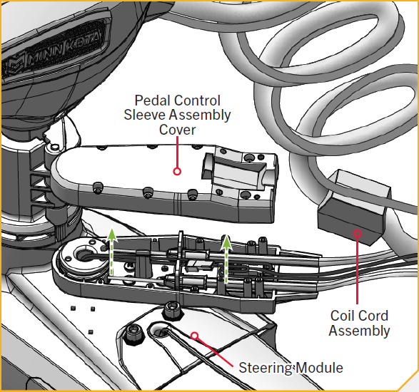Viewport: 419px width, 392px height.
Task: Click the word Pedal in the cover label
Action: [x=151, y=100]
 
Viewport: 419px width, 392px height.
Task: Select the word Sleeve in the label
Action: [x=145, y=115]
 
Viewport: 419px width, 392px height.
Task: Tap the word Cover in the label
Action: [x=178, y=130]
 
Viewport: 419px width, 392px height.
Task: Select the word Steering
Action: [x=265, y=368]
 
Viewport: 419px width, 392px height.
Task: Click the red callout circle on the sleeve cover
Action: [x=177, y=171]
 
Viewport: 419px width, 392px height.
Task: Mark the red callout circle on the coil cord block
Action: [x=358, y=234]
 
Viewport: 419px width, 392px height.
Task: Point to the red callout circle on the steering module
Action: [x=195, y=336]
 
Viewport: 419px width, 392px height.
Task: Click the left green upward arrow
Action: [x=112, y=251]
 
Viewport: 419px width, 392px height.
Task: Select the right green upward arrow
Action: [x=226, y=259]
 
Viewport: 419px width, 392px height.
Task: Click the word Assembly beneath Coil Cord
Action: [x=359, y=331]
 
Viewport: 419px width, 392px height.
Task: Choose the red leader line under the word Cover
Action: [x=177, y=152]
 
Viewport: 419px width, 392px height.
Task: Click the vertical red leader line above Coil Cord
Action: [x=358, y=271]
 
